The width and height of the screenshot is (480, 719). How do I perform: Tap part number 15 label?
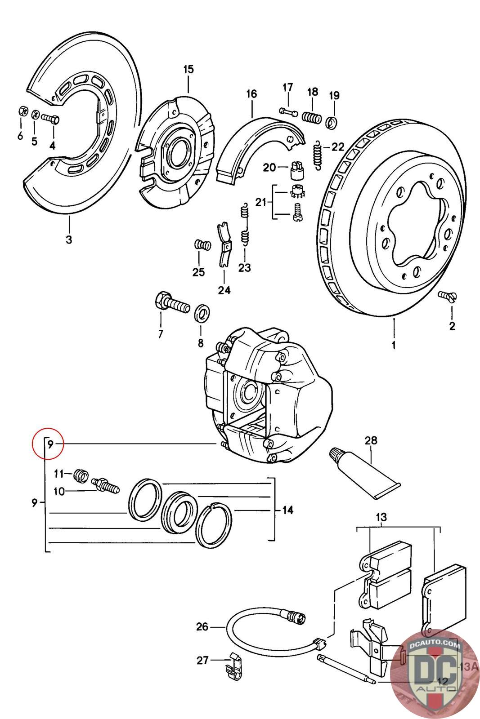point(188,69)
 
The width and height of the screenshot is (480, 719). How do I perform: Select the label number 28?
point(371,441)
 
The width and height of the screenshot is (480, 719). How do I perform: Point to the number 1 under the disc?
point(394,345)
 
